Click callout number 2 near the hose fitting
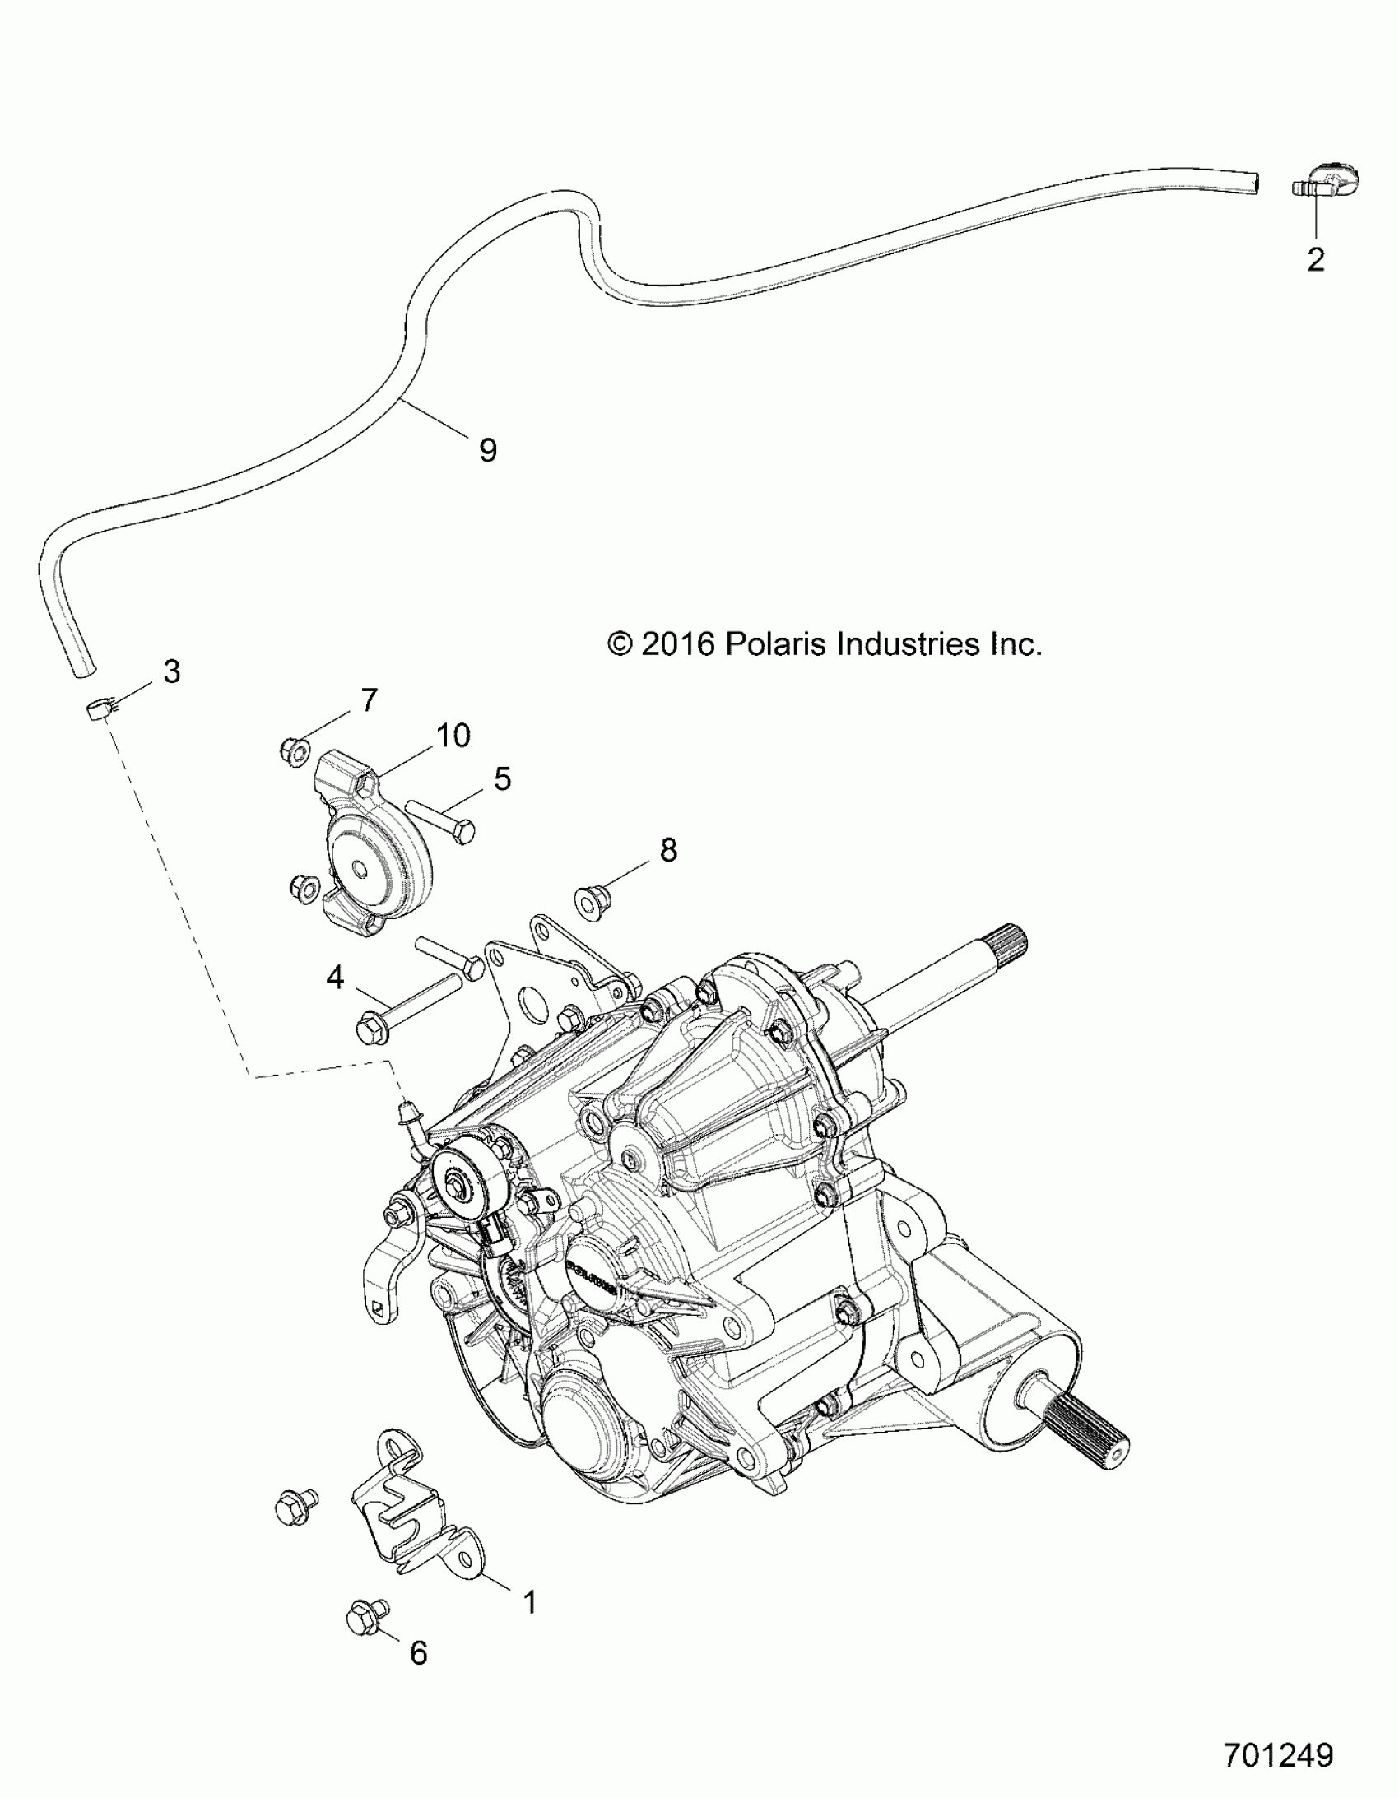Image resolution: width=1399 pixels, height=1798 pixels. click(x=1316, y=259)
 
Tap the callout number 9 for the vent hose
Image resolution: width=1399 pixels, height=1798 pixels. click(x=487, y=450)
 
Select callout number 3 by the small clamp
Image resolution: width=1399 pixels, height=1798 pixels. click(x=171, y=671)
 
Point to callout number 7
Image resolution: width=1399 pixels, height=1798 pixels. click(x=369, y=700)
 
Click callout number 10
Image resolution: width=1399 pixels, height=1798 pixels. click(x=453, y=735)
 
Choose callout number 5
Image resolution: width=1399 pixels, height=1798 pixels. click(x=502, y=778)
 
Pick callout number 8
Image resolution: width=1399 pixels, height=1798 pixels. click(x=667, y=849)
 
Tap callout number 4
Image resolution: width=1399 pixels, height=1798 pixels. click(x=335, y=978)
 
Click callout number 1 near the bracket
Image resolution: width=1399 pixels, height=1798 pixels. click(x=530, y=1602)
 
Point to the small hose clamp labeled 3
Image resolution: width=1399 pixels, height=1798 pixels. click(x=99, y=707)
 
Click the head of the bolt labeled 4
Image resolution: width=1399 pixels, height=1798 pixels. click(x=368, y=1030)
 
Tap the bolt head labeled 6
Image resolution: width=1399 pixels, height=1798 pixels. click(x=360, y=1640)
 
